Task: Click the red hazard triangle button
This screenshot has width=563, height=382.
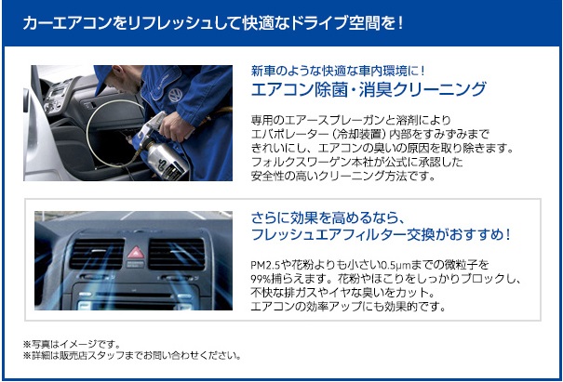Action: coord(136,253)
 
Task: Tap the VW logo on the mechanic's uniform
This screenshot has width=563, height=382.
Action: coord(176,95)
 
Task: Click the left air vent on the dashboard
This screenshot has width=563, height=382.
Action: coord(97,254)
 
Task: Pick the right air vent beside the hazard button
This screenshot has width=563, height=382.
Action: coord(177,254)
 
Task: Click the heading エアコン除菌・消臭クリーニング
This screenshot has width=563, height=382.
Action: coord(369,89)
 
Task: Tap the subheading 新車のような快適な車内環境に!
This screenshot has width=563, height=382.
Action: coord(338,71)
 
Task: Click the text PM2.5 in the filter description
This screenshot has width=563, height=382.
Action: coord(265,265)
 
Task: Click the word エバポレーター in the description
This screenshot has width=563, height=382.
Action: coord(288,134)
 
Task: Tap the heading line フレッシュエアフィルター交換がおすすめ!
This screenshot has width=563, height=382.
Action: coord(381,234)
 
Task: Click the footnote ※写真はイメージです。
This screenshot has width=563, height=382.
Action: coord(72,344)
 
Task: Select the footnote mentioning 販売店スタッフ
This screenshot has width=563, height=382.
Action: coord(132,355)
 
